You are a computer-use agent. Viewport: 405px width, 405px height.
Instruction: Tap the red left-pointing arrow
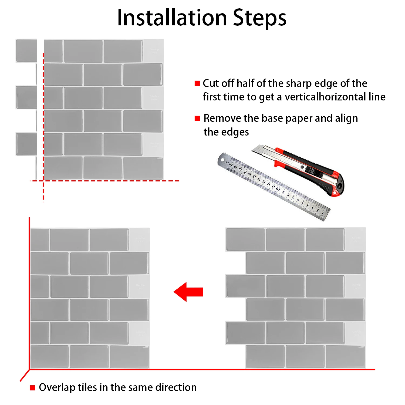point(188,292)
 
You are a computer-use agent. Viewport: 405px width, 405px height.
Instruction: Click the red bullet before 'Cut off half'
point(197,83)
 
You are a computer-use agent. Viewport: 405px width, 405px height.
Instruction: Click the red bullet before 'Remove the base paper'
point(197,118)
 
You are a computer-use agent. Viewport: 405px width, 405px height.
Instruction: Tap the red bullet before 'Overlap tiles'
point(33,388)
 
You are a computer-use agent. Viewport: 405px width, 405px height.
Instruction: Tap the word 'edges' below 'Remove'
point(234,132)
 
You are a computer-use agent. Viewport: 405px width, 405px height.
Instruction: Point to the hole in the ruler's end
point(223,160)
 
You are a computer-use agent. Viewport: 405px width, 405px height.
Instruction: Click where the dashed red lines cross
point(43,181)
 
